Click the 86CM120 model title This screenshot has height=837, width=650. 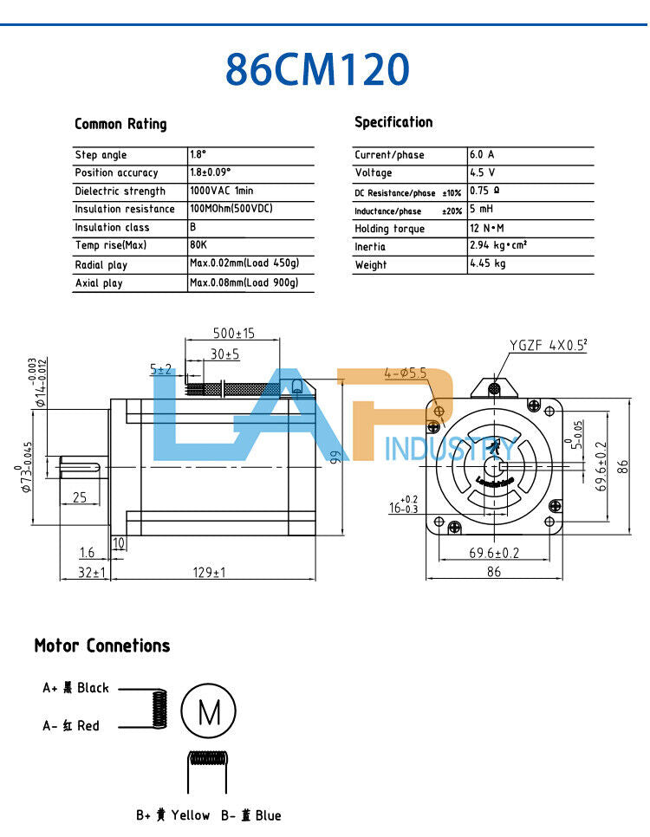coord(316,69)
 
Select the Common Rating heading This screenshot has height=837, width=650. coord(120,124)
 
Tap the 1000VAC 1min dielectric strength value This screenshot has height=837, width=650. coord(221,191)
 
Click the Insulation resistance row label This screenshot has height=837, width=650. coord(125,209)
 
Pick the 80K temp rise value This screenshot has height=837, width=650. coord(198,245)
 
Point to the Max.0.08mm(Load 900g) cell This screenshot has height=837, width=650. coord(244,282)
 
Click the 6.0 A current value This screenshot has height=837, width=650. coord(482,154)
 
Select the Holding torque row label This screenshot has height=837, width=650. coord(389,229)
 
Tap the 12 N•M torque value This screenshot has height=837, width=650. coord(486,229)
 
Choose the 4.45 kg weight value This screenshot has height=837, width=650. coord(487,264)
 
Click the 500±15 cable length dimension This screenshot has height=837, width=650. coord(234,334)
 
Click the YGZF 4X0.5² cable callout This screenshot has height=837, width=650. coord(548,345)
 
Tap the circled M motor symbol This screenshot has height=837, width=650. coord(209,712)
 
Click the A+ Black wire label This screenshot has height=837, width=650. coord(76,688)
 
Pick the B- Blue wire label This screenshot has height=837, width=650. coord(250,815)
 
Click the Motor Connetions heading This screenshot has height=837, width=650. coord(102,646)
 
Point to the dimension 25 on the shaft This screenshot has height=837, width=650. coord(79,497)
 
